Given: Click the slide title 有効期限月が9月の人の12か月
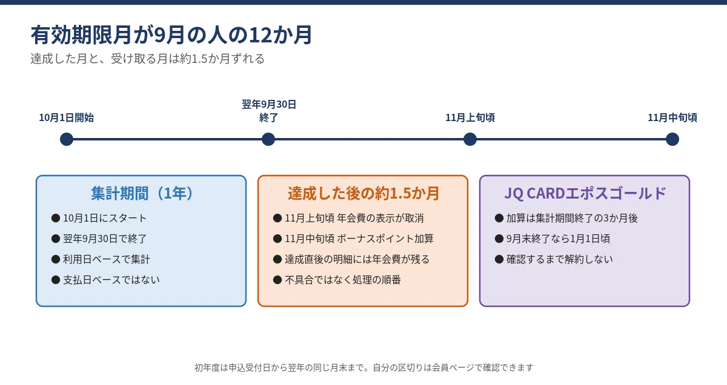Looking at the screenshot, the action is click(171, 35).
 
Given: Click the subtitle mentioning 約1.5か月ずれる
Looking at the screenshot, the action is click(148, 59).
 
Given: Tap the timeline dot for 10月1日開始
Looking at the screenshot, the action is click(67, 139).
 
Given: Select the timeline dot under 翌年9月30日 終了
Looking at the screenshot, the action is click(268, 139).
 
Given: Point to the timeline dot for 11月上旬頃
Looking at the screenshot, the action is click(470, 139).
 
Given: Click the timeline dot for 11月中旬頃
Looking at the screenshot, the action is click(672, 139).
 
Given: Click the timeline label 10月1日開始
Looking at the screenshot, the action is click(67, 117).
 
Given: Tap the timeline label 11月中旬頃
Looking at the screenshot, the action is click(672, 117).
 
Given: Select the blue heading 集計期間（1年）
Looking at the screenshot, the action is click(142, 193).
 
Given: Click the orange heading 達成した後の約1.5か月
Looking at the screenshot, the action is click(363, 193).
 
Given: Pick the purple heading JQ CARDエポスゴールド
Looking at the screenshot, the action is click(585, 193).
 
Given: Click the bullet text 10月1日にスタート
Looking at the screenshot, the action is click(105, 218).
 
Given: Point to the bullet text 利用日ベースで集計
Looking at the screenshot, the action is click(107, 259).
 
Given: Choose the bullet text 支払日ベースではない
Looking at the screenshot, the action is click(111, 280).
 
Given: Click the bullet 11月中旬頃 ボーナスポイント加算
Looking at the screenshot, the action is click(359, 239).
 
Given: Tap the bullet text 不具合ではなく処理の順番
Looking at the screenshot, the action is click(343, 280).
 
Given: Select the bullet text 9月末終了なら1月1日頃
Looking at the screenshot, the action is click(558, 239).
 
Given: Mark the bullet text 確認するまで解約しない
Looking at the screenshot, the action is click(560, 259).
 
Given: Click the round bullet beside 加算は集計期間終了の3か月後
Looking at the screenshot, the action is click(499, 218).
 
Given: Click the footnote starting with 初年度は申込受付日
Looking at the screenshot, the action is click(364, 367).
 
